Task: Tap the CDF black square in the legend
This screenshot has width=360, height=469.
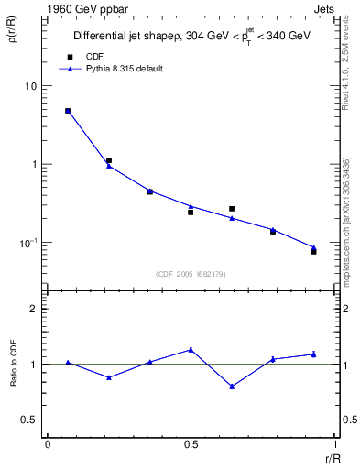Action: pyautogui.click(x=68, y=56)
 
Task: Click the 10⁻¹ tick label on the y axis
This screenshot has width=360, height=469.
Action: pyautogui.click(x=28, y=243)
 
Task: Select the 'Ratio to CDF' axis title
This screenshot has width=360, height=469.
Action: pyautogui.click(x=14, y=377)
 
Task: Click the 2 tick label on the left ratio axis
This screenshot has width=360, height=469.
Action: pyautogui.click(x=35, y=310)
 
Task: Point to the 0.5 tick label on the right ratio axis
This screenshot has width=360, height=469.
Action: pyautogui.click(x=346, y=420)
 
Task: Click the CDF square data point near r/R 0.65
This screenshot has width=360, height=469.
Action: pyautogui.click(x=232, y=209)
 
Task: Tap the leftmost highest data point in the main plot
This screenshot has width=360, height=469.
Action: pyautogui.click(x=68, y=111)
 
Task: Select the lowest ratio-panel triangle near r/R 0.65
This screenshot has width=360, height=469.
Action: pyautogui.click(x=232, y=387)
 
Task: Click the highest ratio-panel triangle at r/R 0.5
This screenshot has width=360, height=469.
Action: pyautogui.click(x=191, y=349)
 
